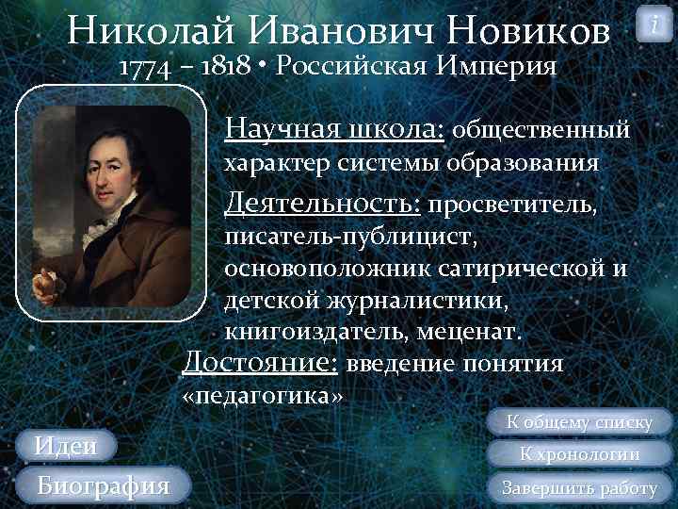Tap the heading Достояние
coord(260,362)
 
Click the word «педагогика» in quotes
coord(261,396)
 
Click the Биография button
coord(102,485)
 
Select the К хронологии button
coord(580,454)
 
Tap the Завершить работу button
coord(579,487)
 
